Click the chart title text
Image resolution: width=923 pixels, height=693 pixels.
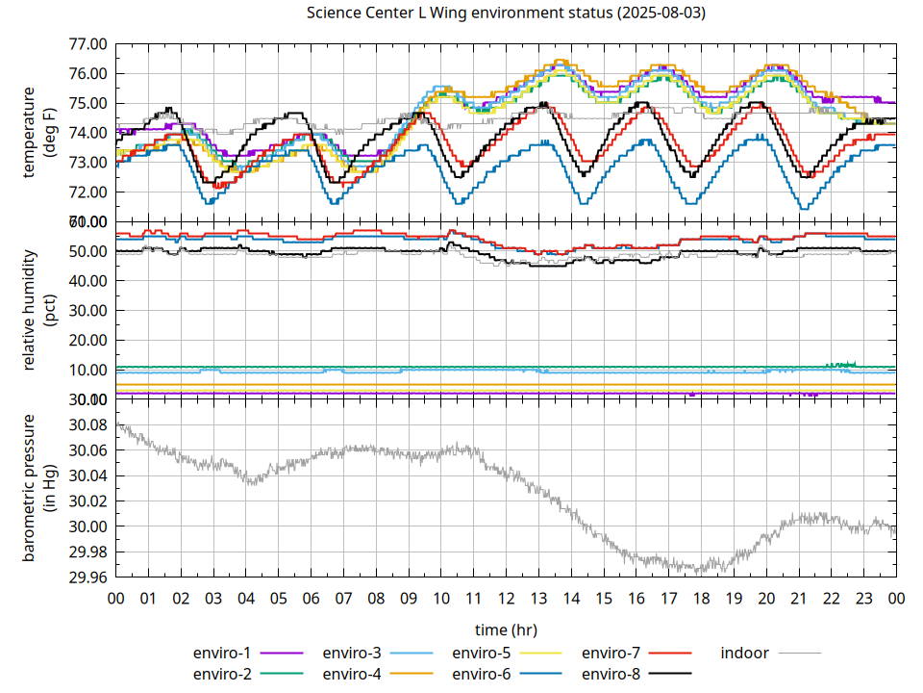497,13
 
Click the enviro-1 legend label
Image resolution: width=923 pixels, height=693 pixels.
223,653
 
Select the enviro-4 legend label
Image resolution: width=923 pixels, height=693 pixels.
352,674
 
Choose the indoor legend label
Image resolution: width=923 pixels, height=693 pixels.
744,653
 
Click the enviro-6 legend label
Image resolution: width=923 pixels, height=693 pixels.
482,674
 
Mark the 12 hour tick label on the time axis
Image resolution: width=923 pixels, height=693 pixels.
506,598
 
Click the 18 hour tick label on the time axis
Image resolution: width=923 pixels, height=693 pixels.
701,598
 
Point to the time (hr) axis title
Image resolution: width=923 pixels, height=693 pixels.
506,629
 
